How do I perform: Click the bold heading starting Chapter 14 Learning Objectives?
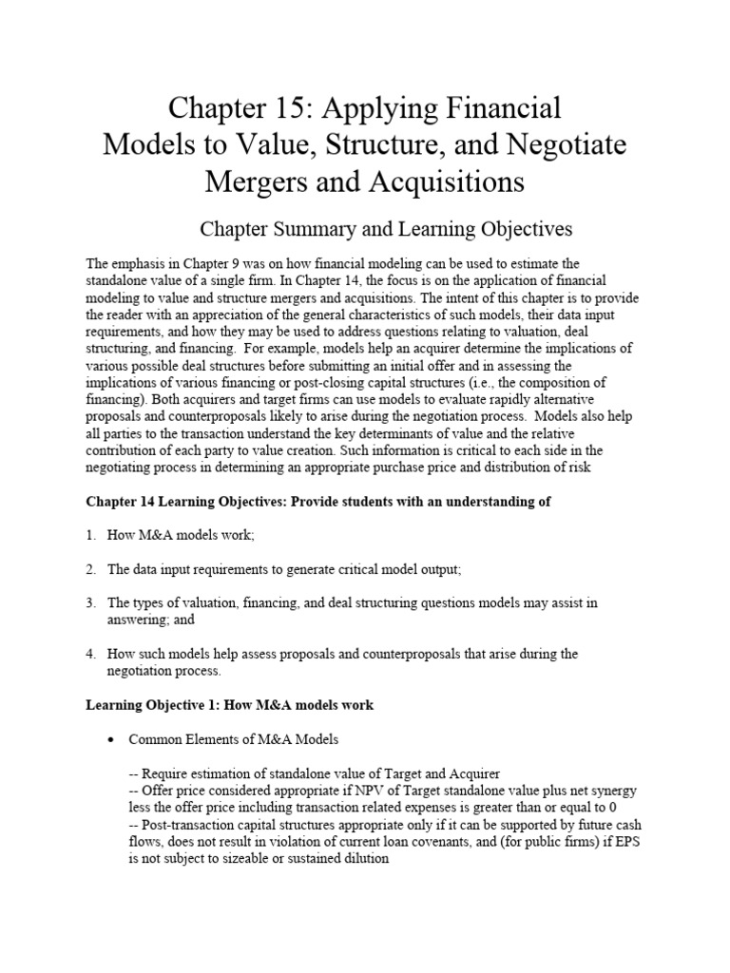tap(318, 502)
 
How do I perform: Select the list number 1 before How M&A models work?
tap(90, 535)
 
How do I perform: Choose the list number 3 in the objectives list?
tap(90, 603)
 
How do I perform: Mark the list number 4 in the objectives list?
tap(90, 655)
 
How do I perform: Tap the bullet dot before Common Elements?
tap(111, 739)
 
